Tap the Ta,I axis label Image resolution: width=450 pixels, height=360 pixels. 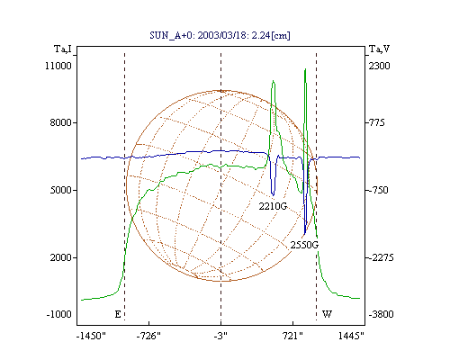coord(63,49)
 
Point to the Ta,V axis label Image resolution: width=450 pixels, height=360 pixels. coord(379,49)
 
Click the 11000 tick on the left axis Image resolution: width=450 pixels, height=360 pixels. coord(58,66)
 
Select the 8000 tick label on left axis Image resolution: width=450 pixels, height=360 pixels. coord(60,122)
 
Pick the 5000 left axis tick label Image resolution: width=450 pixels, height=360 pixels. coord(60,190)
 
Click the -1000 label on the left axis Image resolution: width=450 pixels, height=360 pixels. coord(58,314)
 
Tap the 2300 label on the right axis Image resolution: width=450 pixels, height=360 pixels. coord(379,66)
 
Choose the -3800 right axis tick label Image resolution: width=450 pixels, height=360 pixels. coord(381,314)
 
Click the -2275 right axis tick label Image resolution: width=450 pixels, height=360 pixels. coord(381,257)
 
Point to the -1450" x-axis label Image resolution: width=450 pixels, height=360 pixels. coord(91,336)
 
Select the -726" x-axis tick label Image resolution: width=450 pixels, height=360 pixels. coord(148,336)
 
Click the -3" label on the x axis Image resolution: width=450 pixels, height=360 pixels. coord(220,336)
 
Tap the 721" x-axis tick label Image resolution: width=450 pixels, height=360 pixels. coord(293,336)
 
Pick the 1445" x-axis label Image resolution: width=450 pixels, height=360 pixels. coord(351,336)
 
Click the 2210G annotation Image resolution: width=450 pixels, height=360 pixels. coord(273,206)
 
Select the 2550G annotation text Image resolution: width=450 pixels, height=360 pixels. coord(304,245)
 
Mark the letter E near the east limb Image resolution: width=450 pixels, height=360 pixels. coord(118,314)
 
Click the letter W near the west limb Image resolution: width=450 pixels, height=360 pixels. coord(327,314)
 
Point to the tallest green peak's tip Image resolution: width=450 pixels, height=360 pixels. coord(305,69)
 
